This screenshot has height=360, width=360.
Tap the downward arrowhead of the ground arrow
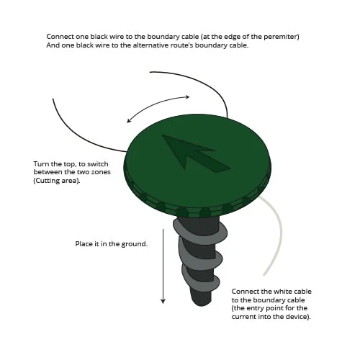pyautogui.click(x=163, y=301)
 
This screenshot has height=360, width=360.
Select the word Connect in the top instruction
pyautogui.click(x=60, y=37)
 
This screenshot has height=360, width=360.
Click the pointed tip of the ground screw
pyautogui.click(x=201, y=305)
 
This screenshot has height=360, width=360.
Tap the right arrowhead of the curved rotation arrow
pyautogui.click(x=186, y=97)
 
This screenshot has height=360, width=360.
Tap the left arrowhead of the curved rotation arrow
pyautogui.click(x=129, y=120)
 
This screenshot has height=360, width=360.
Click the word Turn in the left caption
pyautogui.click(x=41, y=164)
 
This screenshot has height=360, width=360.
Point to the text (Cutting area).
pyautogui.click(x=57, y=181)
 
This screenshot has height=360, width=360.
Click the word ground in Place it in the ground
pyautogui.click(x=135, y=244)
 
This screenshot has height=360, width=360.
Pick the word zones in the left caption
pyautogui.click(x=102, y=172)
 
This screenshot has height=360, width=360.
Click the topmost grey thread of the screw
pyautogui.click(x=199, y=229)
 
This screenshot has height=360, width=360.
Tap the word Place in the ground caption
pyautogui.click(x=84, y=244)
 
